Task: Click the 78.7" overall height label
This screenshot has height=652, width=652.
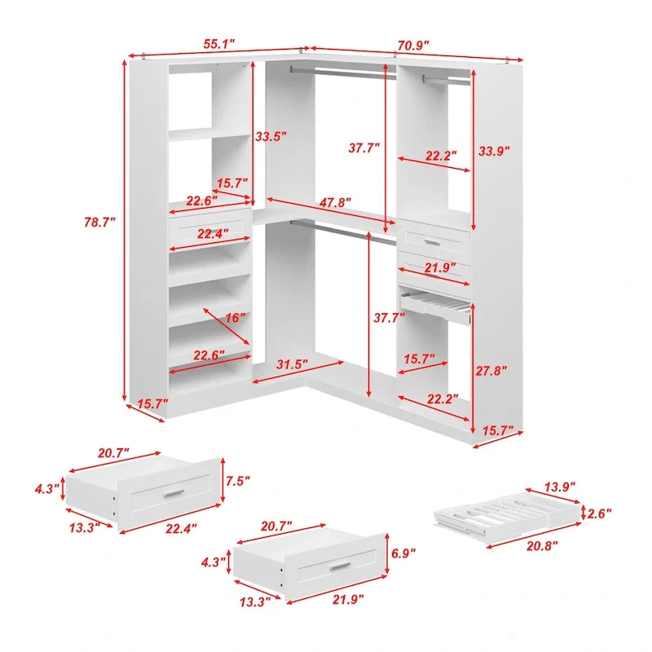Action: point(99,222)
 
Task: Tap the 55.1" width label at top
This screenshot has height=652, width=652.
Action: point(218,44)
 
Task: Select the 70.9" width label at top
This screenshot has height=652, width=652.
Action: point(413,46)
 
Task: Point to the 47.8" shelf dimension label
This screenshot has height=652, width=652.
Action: point(335,202)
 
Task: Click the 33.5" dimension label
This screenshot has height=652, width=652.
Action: point(271,136)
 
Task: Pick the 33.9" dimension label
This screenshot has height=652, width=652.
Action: point(494,151)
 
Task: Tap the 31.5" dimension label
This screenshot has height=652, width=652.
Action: point(292,364)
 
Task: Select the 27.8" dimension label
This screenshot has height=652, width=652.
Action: point(491,371)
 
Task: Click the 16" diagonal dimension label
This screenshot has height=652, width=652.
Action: point(236,318)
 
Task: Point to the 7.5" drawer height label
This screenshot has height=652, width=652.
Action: point(238,481)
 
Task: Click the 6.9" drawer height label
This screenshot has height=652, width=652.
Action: point(403,553)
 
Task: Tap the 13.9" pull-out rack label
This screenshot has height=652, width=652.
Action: point(560,487)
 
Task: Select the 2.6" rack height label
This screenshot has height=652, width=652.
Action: point(599,513)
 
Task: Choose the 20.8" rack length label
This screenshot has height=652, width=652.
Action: point(542,546)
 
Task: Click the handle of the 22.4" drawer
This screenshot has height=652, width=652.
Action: point(174,493)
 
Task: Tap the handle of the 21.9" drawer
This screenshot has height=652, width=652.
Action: point(340,566)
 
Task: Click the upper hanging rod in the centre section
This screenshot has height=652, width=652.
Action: point(343,73)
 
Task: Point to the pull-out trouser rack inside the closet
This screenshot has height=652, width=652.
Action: point(435,307)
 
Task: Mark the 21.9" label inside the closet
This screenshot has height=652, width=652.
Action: point(440,268)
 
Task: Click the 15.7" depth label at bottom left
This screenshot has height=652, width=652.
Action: point(152,403)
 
